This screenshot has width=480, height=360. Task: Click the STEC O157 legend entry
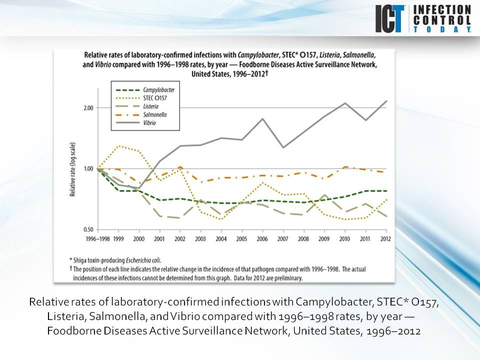[x=150, y=98]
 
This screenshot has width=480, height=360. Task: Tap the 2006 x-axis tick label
[x=262, y=239]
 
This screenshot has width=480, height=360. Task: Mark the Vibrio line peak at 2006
[x=262, y=119]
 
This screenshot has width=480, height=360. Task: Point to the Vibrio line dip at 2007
[x=283, y=147]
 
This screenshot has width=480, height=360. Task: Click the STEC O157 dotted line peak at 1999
[x=118, y=146]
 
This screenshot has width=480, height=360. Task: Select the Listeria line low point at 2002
[x=180, y=218]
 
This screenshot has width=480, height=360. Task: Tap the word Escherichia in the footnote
[x=129, y=259]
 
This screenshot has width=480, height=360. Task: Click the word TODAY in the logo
[x=442, y=30]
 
